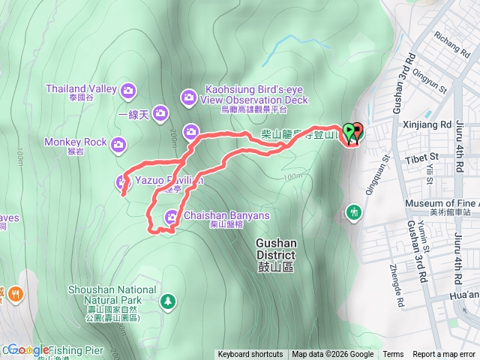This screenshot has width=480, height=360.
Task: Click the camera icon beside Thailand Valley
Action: click(x=128, y=90)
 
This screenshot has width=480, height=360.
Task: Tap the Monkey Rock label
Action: click(x=75, y=142)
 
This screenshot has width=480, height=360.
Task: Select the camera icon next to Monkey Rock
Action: click(x=118, y=144)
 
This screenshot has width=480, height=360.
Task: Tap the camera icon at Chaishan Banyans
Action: click(x=172, y=217)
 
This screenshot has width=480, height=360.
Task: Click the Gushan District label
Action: click(x=276, y=248)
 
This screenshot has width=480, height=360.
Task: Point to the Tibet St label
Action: click(x=424, y=157)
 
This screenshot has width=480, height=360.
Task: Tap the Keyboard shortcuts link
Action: click(x=250, y=355)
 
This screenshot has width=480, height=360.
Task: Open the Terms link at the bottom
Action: click(x=393, y=355)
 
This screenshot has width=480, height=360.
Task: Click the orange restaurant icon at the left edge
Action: click(x=13, y=294)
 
